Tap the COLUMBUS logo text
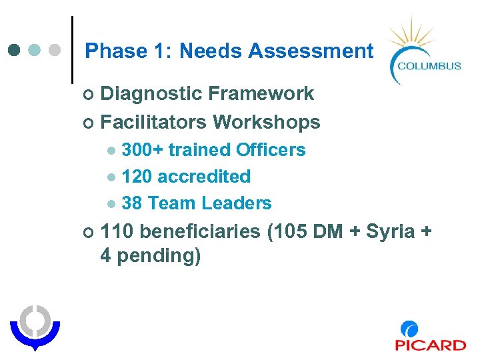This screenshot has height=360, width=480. pos(429,65)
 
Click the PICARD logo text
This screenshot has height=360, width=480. pos(430,345)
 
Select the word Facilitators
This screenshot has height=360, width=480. pos(153,123)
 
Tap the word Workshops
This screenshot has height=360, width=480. pos(267,123)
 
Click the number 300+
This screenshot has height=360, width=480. pos(143,150)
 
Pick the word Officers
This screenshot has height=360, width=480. pos(271,150)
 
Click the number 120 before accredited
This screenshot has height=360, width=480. pos(137,177)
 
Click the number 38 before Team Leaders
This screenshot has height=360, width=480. pos(133,203)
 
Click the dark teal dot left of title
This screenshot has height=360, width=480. pos(14,51)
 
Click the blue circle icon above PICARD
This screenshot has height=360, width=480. pos(409,329)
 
